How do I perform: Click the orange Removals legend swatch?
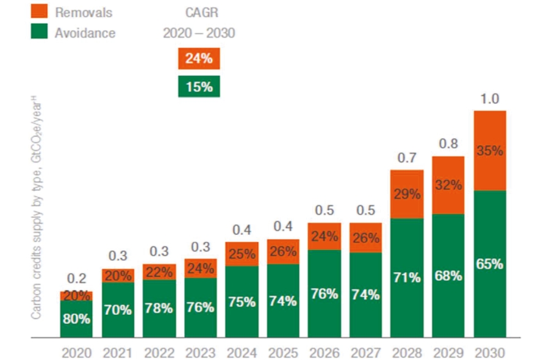coord(39,11)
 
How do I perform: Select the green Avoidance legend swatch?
coord(39,32)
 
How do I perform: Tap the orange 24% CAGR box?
coord(199,59)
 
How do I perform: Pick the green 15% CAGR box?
coord(199,87)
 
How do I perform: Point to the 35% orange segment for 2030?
coord(490,151)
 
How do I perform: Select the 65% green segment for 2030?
coord(490,264)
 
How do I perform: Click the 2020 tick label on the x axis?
coord(76,353)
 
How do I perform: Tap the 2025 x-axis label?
coord(283,353)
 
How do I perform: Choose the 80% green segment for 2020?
coord(76,319)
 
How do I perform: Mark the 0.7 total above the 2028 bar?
coord(407,158)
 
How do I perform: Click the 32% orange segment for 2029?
coord(448,185)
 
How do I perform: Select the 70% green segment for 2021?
coord(118,309)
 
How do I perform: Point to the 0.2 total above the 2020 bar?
coord(76,279)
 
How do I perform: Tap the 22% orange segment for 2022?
coord(159,272)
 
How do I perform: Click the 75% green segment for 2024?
coord(242,301)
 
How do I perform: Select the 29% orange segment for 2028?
coord(407,195)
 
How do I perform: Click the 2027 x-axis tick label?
coord(365,353)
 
